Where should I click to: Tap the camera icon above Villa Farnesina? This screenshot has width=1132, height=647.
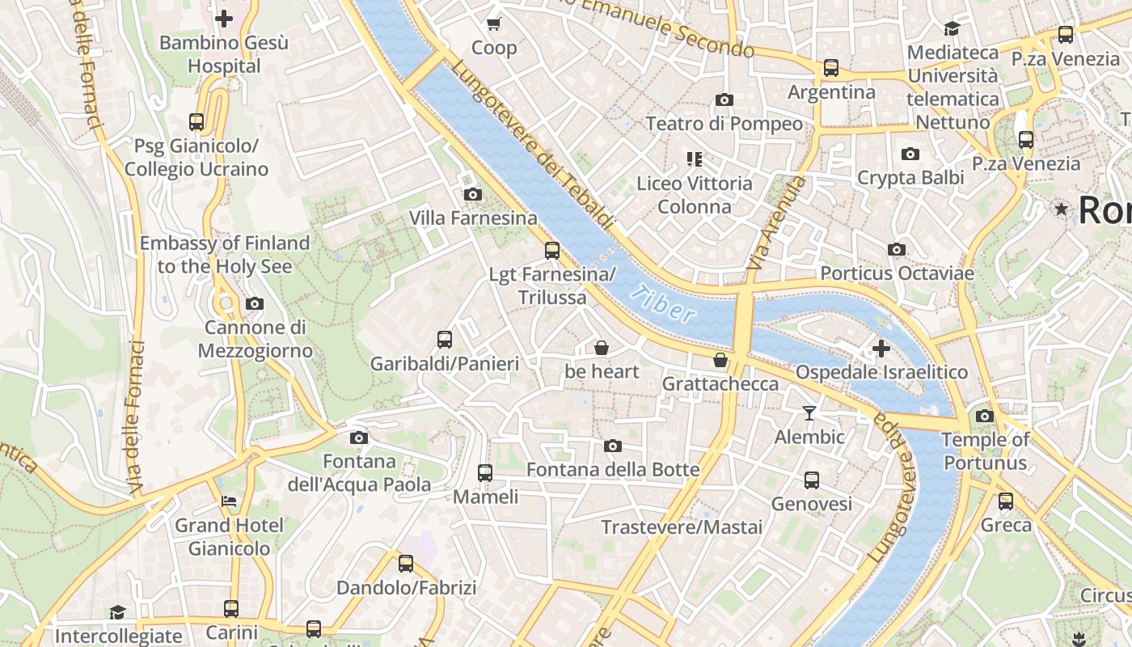pos(472,194)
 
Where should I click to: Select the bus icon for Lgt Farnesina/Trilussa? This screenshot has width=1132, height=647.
pos(552,250)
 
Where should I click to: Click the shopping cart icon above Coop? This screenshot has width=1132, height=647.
pos(493,23)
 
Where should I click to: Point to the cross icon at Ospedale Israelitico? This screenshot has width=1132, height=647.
pos(881,349)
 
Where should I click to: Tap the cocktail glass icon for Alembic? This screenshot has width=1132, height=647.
pos(809,413)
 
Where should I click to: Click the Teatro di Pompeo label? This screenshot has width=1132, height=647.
pos(724,124)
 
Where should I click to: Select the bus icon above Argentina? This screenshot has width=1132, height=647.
pos(831,68)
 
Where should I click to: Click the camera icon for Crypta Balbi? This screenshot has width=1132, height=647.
pos(910,154)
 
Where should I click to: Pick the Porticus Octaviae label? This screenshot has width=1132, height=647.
pos(897,273)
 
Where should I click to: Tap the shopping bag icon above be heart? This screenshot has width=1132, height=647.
pos(602,348)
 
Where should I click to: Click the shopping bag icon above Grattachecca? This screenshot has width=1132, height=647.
pos(720,359)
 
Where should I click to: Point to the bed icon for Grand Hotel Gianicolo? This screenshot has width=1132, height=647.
pos(230,501)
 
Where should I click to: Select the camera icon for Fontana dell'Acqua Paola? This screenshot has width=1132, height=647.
pos(359,438)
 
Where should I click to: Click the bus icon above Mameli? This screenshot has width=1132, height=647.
pos(485,472)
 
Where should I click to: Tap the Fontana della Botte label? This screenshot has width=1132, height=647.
pos(613,470)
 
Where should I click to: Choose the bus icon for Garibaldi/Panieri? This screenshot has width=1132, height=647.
pos(444,340)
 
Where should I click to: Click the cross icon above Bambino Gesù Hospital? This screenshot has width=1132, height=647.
pos(224,18)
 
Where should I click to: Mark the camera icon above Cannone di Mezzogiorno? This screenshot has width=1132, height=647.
pos(255,304)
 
